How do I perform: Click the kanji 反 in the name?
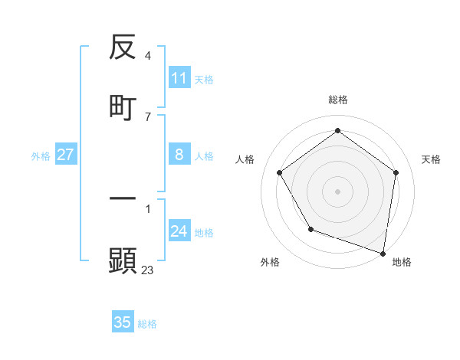tap(123, 49)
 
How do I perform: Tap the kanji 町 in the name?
tap(123, 108)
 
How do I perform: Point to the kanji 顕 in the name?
tap(123, 260)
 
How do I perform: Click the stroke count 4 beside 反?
tap(147, 56)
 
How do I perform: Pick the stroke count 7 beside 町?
tap(147, 116)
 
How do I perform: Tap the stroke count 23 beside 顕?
tap(148, 270)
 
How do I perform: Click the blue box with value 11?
tap(179, 78)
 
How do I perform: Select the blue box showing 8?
tap(179, 155)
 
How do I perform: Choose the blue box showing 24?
tap(179, 231)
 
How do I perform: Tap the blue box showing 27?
tap(66, 155)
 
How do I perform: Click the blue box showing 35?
tap(123, 322)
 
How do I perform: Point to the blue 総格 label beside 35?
tap(147, 324)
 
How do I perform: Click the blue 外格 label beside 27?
tap(41, 156)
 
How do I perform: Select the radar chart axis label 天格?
tap(431, 159)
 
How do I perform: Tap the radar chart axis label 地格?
tap(402, 262)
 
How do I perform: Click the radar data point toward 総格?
tap(337, 131)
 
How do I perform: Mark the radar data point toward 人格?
tap(280, 172)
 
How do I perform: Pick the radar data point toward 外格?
tap(310, 229)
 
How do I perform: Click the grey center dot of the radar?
tap(337, 191)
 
